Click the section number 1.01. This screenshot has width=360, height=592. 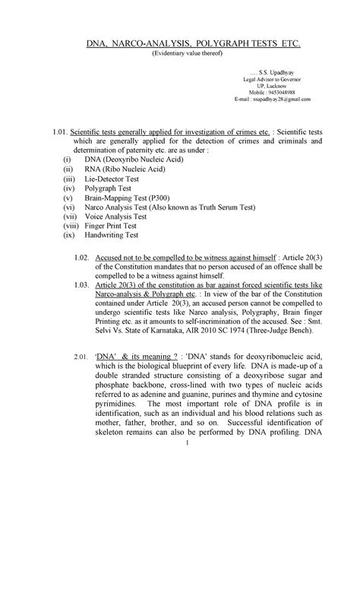58,131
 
